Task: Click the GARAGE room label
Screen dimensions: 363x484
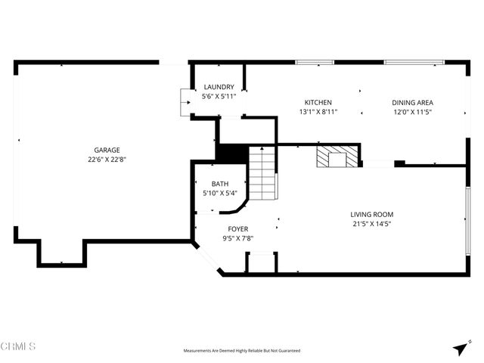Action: [x=107, y=150]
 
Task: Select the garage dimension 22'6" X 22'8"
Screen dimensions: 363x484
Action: [x=107, y=160]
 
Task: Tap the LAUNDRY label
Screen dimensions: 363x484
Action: [x=219, y=87]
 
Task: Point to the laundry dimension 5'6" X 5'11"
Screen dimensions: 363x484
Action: [x=219, y=97]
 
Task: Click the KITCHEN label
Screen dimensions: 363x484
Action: [x=318, y=102]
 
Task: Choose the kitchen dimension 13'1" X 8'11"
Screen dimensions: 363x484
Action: [x=318, y=112]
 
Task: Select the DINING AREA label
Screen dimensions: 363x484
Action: [x=412, y=102]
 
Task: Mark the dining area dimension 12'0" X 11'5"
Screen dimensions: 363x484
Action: [x=412, y=112]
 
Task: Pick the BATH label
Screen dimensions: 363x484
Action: [x=220, y=184]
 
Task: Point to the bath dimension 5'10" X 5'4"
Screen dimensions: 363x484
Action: [x=220, y=194]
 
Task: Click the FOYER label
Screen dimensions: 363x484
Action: [x=237, y=228]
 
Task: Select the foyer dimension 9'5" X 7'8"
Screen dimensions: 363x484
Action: [x=237, y=238]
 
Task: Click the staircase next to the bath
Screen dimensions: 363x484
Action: [x=262, y=173]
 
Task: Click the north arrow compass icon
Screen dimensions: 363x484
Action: [x=460, y=348]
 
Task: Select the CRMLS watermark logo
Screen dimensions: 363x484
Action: [x=19, y=347]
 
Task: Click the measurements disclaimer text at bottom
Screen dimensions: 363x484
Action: [x=242, y=351]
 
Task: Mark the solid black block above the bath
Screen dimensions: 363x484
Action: [x=231, y=152]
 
